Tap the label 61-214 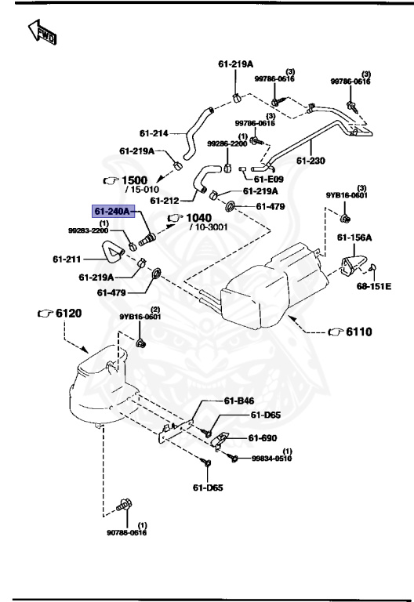click(154, 133)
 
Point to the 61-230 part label click(310, 161)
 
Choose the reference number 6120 click(64, 313)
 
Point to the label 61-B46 click(240, 401)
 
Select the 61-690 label click(264, 438)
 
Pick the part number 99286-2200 click(227, 143)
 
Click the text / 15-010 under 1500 click(142, 189)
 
